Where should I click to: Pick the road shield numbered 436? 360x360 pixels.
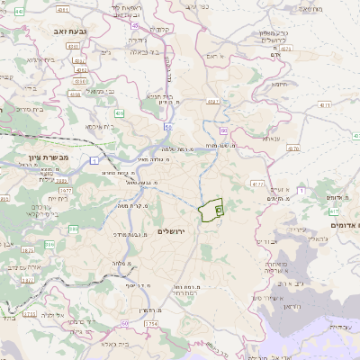click(120, 113)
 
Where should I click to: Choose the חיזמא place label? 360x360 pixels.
click(280, 85)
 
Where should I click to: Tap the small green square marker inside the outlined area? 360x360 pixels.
click(219, 209)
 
